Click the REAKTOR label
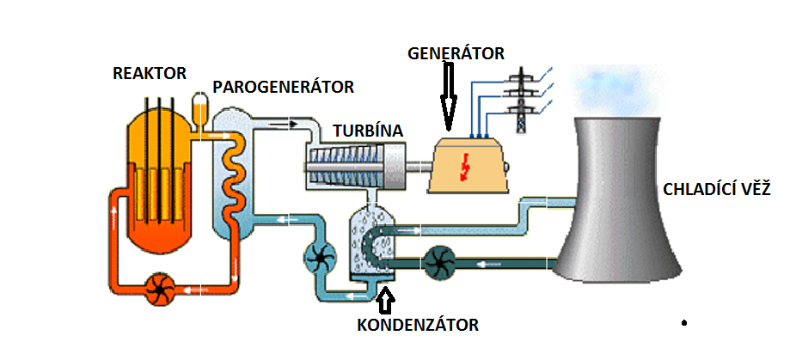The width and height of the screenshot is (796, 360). pos(150,73)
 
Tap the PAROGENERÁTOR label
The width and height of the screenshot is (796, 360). pos(283,87)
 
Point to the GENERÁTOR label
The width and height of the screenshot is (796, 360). pos(456,53)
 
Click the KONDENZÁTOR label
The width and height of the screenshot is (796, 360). pos(417,325)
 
